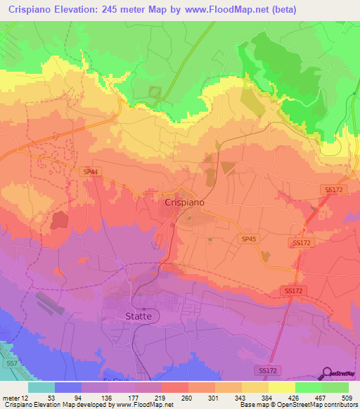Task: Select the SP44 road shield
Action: coord(91,171)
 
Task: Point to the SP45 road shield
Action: coord(248,240)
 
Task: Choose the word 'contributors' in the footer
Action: coord(337,404)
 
